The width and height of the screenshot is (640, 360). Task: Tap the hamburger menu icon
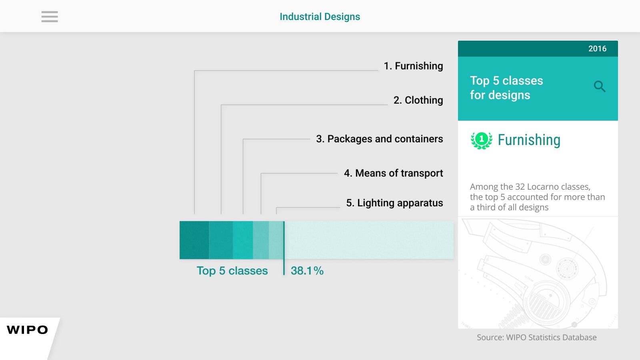(50, 16)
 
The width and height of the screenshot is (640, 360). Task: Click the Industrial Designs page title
(320, 16)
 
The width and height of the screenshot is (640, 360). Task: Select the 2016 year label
(597, 48)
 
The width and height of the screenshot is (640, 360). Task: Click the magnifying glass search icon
(600, 86)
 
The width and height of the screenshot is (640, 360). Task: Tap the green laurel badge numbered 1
(482, 140)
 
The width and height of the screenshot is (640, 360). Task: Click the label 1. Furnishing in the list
(413, 66)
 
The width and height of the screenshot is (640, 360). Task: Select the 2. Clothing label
(418, 100)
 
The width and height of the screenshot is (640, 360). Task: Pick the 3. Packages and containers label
(380, 139)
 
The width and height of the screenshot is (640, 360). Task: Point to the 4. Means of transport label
(394, 173)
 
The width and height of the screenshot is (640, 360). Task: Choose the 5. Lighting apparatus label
(394, 203)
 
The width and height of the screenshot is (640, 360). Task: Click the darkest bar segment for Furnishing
(194, 240)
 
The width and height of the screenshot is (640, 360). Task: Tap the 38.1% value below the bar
(307, 270)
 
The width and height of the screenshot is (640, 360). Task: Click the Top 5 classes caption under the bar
(232, 270)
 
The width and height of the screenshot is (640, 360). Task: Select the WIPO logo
(28, 330)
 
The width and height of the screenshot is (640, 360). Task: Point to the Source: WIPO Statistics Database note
(536, 338)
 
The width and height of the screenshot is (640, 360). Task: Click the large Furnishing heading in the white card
(529, 140)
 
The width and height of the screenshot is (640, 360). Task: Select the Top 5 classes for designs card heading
(506, 88)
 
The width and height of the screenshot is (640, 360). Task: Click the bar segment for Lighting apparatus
(276, 240)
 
